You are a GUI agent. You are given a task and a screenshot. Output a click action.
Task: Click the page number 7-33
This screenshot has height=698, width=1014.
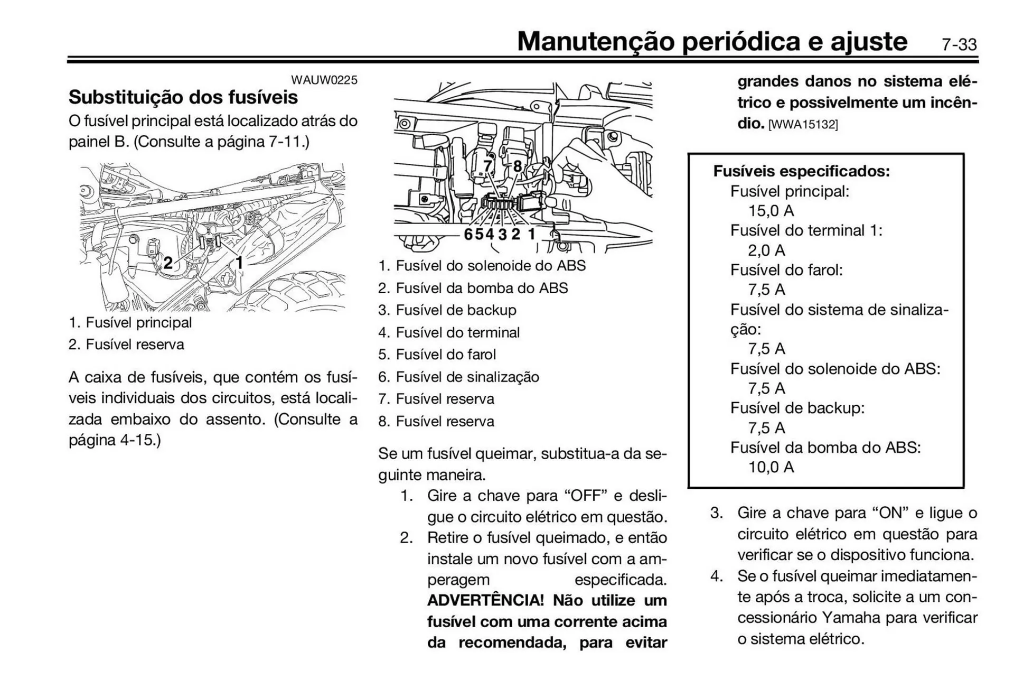coord(959,45)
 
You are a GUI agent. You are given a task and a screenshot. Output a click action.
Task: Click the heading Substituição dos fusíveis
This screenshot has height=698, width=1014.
coord(183,97)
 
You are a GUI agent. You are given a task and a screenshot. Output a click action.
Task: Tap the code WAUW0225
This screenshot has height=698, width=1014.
coord(324,80)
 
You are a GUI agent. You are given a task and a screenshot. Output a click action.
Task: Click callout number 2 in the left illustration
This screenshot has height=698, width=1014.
coord(167,263)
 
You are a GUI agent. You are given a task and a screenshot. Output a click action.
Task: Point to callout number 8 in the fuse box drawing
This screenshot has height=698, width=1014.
coord(518,166)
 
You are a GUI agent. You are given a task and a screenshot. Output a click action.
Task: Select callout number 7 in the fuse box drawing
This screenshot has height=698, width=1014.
coord(488,166)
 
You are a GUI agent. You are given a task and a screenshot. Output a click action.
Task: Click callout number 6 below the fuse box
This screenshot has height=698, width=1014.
coord(468,234)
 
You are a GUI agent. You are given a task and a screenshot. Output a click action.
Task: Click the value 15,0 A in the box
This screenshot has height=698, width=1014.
coord(771,211)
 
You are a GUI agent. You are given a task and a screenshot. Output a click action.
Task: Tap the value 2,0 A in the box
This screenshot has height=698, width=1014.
coord(766,250)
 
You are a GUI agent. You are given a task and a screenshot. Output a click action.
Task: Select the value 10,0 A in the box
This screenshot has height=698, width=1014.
coord(771,467)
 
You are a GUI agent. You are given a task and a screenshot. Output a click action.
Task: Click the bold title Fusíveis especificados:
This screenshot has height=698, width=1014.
coord(801,171)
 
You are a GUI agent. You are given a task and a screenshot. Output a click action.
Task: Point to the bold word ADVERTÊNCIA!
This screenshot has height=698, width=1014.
coord(485,601)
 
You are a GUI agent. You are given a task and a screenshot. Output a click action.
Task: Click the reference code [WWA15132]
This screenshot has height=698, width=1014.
coord(803,125)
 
